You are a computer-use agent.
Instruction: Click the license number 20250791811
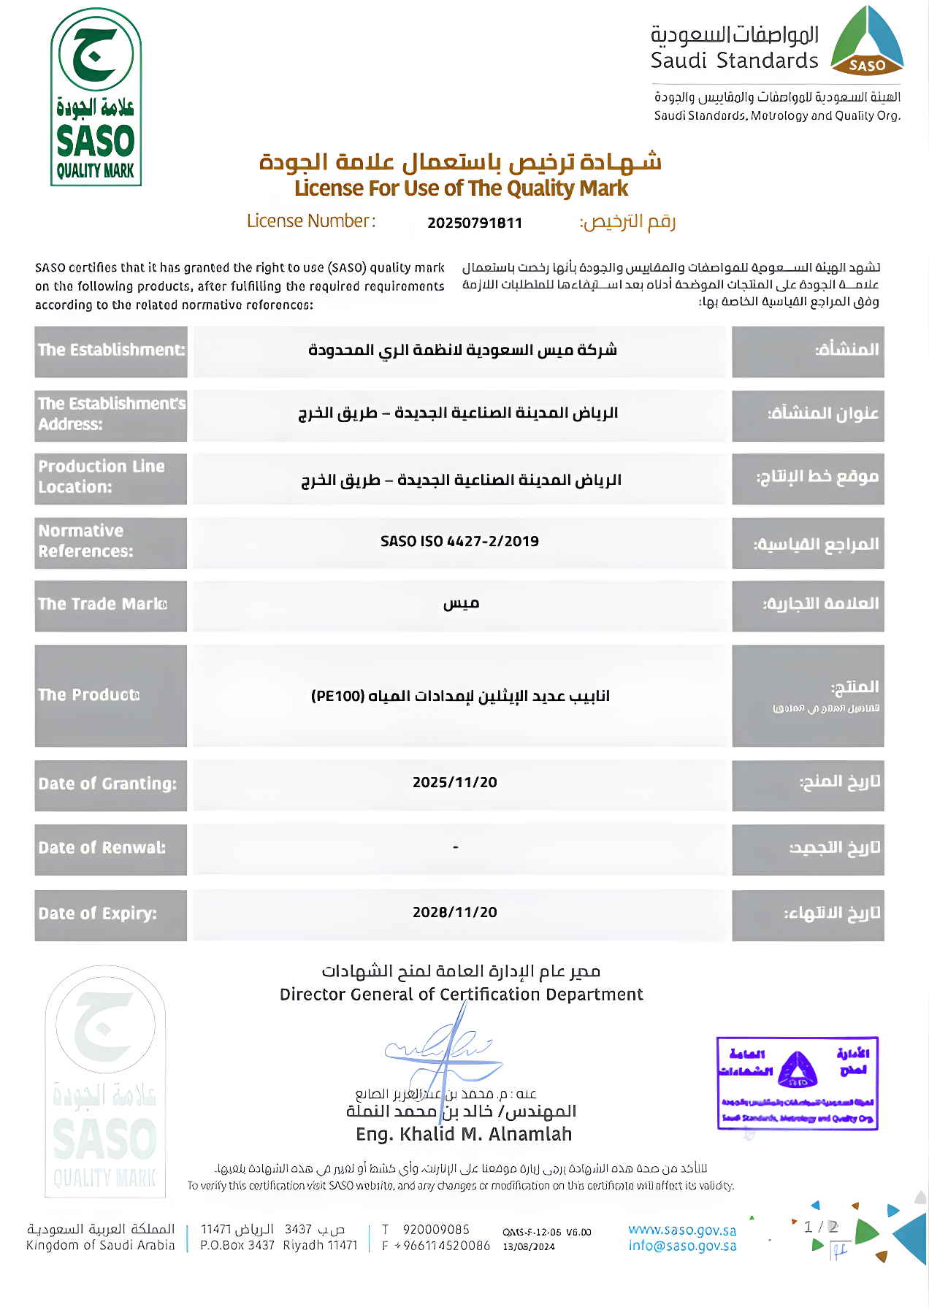[475, 223]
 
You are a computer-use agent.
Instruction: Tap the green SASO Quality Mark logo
[96, 97]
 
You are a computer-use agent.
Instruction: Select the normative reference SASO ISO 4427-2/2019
[459, 541]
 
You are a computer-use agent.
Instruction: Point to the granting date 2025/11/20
[454, 782]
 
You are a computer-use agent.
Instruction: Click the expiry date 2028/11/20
[454, 912]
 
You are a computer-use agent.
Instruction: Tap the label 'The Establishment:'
[111, 350]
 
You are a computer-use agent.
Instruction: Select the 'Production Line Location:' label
[102, 476]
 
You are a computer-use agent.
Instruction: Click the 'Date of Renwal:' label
[102, 848]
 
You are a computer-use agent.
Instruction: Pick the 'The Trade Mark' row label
[102, 604]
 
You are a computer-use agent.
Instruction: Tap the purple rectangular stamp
[797, 1083]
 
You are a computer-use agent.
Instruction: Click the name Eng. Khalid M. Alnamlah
[464, 1134]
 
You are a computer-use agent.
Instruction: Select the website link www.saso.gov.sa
[682, 1230]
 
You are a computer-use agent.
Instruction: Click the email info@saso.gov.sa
[682, 1246]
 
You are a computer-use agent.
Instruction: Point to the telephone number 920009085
[436, 1230]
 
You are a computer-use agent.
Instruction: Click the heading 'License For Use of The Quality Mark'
[461, 188]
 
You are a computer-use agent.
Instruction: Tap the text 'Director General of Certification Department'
[461, 995]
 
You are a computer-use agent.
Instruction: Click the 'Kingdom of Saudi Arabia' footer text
[101, 1245]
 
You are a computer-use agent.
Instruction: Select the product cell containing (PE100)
[460, 696]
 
